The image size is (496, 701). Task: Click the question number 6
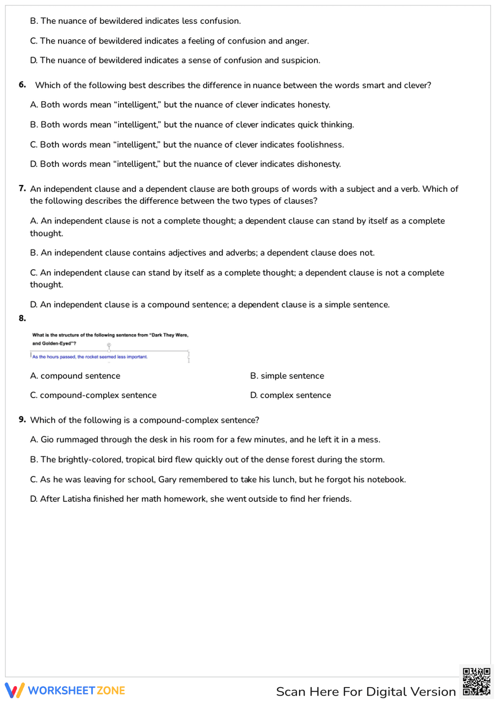tap(22, 85)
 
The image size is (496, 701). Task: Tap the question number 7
tap(22, 188)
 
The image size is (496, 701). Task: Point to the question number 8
tap(22, 318)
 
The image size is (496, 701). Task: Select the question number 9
tap(22, 419)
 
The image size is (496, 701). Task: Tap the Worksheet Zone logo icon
tap(14, 690)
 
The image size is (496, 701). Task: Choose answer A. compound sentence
tap(75, 376)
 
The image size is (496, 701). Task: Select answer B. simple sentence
tap(287, 376)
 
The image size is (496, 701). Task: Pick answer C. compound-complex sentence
tap(93, 395)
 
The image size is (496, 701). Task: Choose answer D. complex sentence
tap(291, 395)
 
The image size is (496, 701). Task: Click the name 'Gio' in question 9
tap(47, 440)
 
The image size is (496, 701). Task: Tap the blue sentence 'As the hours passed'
tap(90, 356)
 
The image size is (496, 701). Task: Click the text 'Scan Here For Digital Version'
tap(366, 692)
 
